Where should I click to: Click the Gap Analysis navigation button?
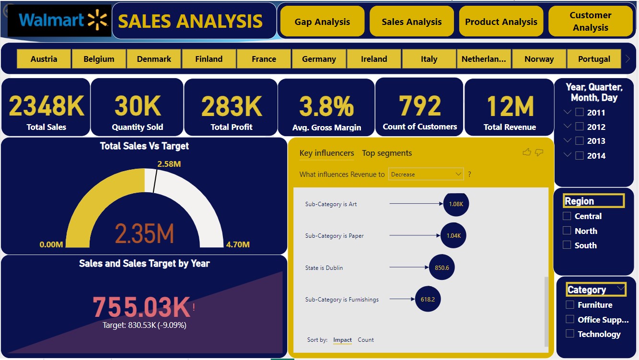[x=322, y=22]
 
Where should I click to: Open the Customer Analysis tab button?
[x=590, y=22]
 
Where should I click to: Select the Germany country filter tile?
[x=319, y=59]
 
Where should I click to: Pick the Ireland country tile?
[x=374, y=59]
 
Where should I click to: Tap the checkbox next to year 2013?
[x=579, y=141]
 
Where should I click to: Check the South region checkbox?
[x=567, y=245]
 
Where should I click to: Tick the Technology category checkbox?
[x=570, y=334]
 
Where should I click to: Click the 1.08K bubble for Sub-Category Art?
[x=456, y=204]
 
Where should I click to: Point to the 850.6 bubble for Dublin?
[x=442, y=267]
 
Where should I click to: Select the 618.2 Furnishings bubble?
[x=428, y=299]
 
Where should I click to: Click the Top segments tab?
[x=387, y=153]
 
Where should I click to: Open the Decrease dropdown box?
[x=426, y=174]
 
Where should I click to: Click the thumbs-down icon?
[x=539, y=152]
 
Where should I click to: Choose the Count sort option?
[x=366, y=340]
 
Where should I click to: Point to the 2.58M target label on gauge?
[x=169, y=164]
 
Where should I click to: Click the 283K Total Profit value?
[x=232, y=106]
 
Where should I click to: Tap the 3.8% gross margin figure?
[x=326, y=106]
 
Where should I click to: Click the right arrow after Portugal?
[x=627, y=59]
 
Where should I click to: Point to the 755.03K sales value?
[x=141, y=307]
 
